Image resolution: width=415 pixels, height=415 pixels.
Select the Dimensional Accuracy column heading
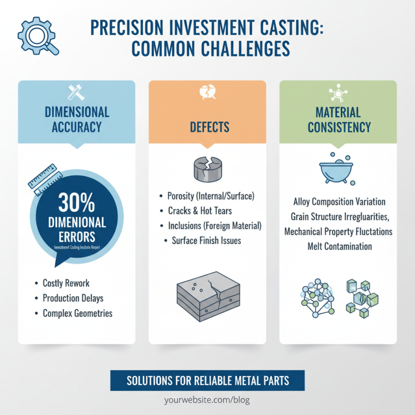pyautogui.click(x=77, y=119)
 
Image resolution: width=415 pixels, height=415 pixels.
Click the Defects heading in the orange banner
pyautogui.click(x=208, y=127)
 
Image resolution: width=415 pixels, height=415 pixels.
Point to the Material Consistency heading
pyautogui.click(x=338, y=119)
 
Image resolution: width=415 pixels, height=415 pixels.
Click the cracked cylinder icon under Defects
pyautogui.click(x=207, y=168)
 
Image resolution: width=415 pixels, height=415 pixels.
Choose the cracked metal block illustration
pyautogui.click(x=207, y=297)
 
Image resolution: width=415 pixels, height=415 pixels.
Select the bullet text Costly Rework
pyautogui.click(x=66, y=283)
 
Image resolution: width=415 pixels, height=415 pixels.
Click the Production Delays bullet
pyautogui.click(x=73, y=298)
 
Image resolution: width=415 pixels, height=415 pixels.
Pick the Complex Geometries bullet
pyautogui.click(x=77, y=313)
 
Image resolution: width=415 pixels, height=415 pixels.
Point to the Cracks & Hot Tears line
pyautogui.click(x=200, y=211)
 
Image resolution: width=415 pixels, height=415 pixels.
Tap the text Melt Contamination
pyautogui.click(x=339, y=246)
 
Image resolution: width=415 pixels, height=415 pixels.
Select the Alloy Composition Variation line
pyautogui.click(x=339, y=201)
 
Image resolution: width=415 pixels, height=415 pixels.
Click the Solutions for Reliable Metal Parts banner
pyautogui.click(x=208, y=381)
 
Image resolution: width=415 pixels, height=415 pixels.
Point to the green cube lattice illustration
pyautogui.click(x=362, y=299)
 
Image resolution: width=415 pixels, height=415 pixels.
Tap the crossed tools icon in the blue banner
pyautogui.click(x=77, y=92)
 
